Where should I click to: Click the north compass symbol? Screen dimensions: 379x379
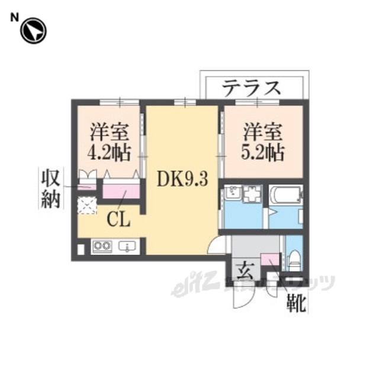click(33, 31)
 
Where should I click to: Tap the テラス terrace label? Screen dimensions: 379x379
click(251, 88)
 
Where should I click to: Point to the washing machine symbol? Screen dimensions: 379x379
click(252, 194)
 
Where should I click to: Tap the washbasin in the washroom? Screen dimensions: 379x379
click(232, 194)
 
